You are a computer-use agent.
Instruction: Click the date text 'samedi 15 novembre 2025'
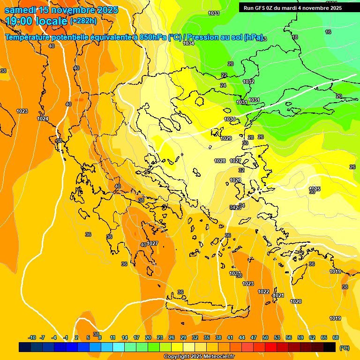[61, 9]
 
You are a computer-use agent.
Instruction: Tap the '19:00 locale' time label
[37, 21]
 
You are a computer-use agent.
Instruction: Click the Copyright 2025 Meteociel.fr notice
[199, 357]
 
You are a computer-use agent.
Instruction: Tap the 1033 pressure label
[214, 13]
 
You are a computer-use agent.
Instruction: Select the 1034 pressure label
[188, 43]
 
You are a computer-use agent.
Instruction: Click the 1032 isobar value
[248, 82]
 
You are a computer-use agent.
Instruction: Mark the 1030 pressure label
[230, 120]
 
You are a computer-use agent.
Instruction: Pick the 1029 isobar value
[226, 138]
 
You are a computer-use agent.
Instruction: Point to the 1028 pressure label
[220, 161]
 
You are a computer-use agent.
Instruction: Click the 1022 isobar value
[263, 292]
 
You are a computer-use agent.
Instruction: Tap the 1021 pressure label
[278, 295]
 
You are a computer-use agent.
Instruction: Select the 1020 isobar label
[296, 301]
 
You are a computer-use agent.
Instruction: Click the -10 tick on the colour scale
[32, 337]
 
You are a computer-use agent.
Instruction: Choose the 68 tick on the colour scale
[336, 337]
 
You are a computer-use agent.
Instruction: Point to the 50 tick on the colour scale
[265, 337]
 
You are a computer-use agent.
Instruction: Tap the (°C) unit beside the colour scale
[345, 347]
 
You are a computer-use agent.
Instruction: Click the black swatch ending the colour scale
[330, 347]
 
